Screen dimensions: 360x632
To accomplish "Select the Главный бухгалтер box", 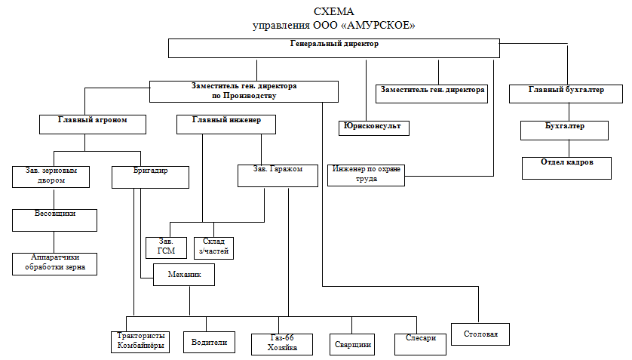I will [x=566, y=94].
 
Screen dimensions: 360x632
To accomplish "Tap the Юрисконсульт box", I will [x=374, y=127].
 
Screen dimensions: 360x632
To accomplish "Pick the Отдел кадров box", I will [x=566, y=167].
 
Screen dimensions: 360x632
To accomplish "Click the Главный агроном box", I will [x=92, y=124].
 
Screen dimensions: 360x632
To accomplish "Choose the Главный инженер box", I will [x=225, y=124].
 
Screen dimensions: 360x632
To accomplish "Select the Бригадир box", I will [x=149, y=176].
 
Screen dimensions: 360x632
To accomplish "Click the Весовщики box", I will [x=55, y=219].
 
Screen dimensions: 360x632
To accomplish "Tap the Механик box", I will [x=184, y=275].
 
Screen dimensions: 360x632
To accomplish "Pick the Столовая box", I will [x=480, y=334].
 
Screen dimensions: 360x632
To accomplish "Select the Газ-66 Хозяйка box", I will [x=283, y=343].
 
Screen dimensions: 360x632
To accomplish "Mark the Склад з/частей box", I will [x=213, y=248].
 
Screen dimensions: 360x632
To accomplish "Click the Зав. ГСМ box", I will [x=164, y=248].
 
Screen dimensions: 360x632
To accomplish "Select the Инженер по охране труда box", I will [x=366, y=174].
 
